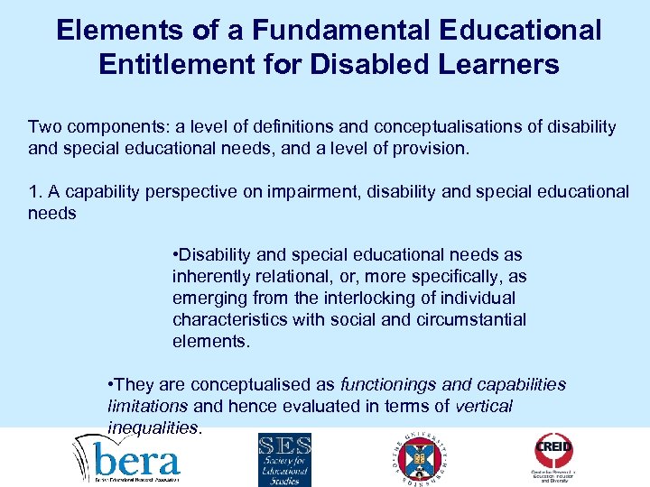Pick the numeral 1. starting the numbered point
34,191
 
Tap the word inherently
209,277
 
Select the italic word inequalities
153,427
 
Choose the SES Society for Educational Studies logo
284,458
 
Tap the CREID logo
553,456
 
